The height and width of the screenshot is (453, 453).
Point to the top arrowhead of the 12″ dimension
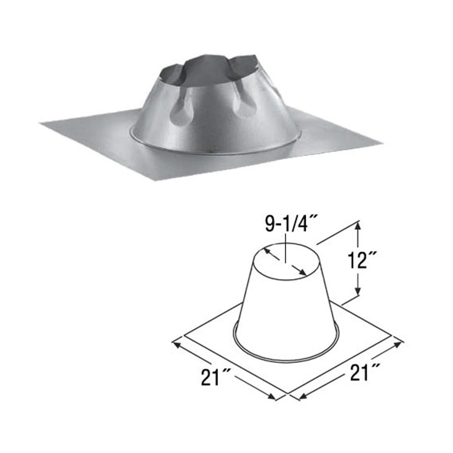pyautogui.click(x=359, y=224)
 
